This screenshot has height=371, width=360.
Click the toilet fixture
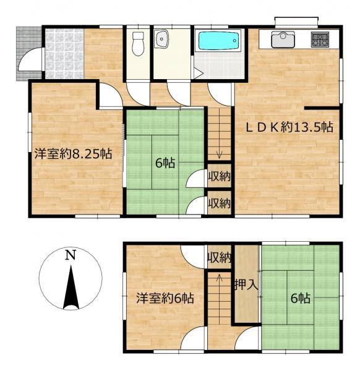pyautogui.click(x=138, y=44)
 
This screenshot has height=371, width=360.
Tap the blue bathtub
pyautogui.click(x=218, y=41)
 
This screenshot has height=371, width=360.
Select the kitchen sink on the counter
pyautogui.click(x=282, y=40)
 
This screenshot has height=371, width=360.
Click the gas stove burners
pyautogui.click(x=320, y=40)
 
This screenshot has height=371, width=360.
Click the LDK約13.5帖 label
pyautogui.click(x=289, y=127)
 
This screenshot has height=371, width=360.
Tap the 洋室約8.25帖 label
pyautogui.click(x=73, y=154)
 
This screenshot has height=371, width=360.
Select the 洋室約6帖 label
pyautogui.click(x=165, y=298)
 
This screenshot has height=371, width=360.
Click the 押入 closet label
pyautogui.click(x=246, y=285)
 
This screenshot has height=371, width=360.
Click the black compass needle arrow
pyautogui.click(x=71, y=288)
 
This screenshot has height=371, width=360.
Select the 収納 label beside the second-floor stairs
pyautogui.click(x=219, y=258)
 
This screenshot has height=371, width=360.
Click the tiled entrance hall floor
pyautogui.click(x=64, y=53)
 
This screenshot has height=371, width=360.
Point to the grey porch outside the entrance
pyautogui.click(x=29, y=53)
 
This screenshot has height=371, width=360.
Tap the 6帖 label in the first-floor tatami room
pyautogui.click(x=165, y=163)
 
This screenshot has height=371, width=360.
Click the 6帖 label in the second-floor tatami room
pyautogui.click(x=301, y=298)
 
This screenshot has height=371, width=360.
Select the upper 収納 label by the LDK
pyautogui.click(x=220, y=176)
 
